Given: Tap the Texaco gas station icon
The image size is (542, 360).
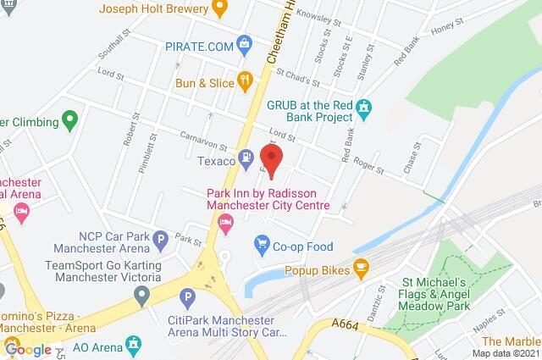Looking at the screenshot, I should coord(246,156).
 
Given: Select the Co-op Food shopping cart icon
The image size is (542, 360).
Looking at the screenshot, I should coord(262,244).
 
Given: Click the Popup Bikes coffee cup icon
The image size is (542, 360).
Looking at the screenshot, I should coord(360,268).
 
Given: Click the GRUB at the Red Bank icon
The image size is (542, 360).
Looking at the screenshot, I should coord(364,108).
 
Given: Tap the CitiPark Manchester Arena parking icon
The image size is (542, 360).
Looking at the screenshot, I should coord(187,296).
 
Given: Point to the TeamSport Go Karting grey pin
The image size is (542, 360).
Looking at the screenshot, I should coord(141,296).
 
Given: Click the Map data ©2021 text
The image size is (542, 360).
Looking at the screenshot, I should coord(506,353).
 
